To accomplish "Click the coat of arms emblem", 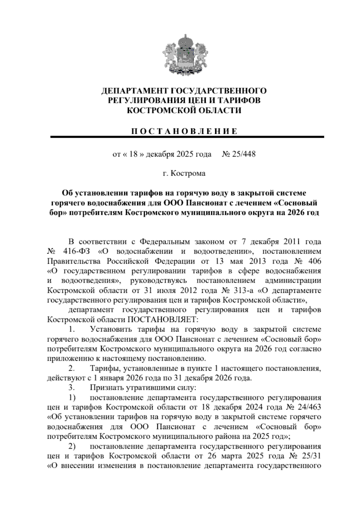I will point(184,55).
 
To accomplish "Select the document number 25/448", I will point(243,155).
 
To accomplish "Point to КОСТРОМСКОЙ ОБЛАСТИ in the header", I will point(184,111).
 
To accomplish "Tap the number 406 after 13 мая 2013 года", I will point(313,261).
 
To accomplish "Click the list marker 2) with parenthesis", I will point(72,447).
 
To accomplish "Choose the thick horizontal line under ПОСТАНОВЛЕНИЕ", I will point(187,137).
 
